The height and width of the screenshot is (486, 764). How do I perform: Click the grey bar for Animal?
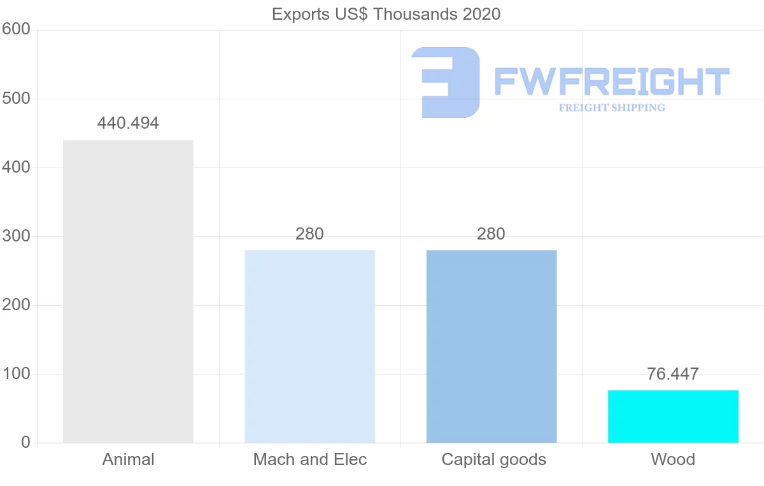pos(128,291)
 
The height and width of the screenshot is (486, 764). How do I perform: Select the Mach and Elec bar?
pos(309,346)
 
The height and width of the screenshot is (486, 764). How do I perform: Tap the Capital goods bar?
pos(492,346)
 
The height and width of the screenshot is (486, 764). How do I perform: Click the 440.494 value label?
pos(128,124)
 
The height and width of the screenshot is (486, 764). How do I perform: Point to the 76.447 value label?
pos(673,374)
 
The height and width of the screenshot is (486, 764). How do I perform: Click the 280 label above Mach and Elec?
pos(309,234)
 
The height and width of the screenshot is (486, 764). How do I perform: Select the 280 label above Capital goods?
pos(492,234)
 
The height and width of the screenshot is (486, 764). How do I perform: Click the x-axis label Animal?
pos(128,459)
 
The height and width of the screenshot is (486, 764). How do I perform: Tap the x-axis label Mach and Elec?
pos(310,459)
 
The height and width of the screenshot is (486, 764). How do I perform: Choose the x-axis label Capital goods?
pos(493,459)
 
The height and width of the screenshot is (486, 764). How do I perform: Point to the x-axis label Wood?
pos(673,459)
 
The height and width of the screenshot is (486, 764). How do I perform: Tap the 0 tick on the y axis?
pos(25,443)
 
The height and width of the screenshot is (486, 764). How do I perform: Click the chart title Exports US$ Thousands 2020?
pos(386,14)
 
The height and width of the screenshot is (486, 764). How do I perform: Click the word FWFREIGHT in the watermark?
pos(611,82)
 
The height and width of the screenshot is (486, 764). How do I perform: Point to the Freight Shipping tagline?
pos(611,108)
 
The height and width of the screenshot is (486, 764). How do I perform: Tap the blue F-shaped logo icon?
pos(446,82)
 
